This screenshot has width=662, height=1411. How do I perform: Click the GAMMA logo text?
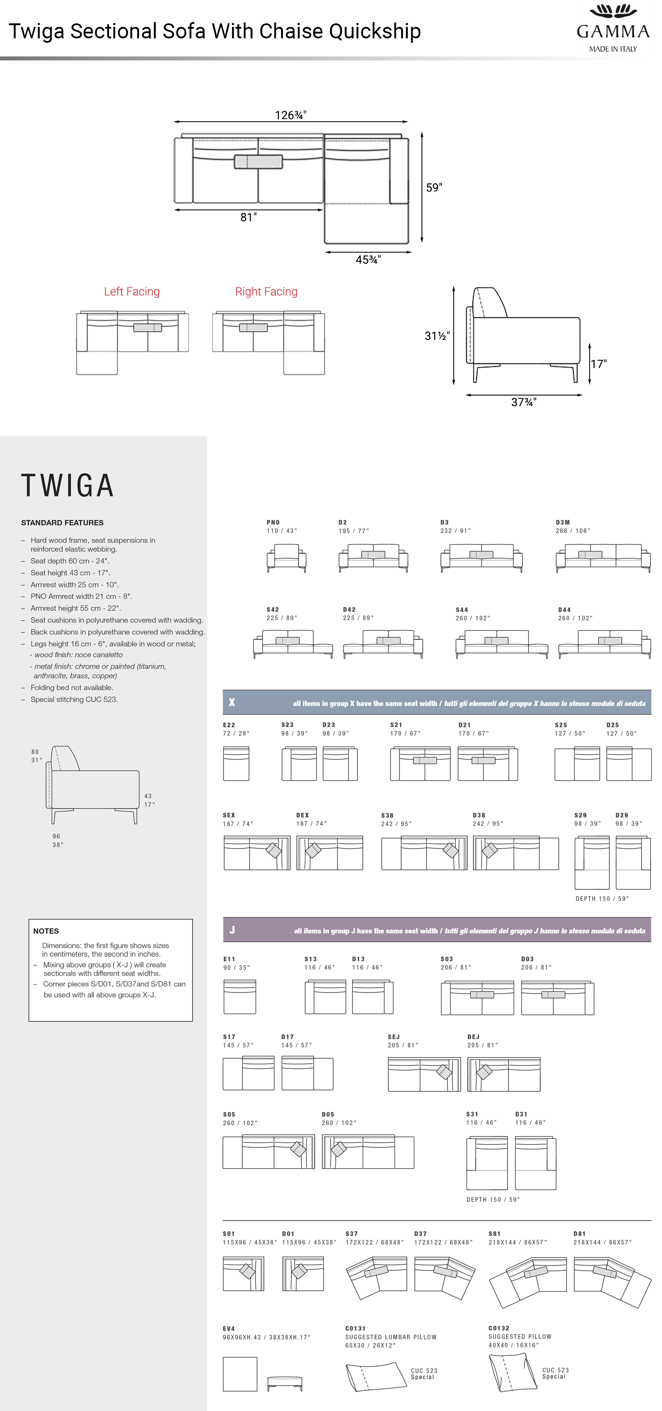point(613,31)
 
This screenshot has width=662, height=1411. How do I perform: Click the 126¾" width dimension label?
point(290,115)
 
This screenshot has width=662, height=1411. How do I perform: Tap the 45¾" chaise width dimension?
point(368,260)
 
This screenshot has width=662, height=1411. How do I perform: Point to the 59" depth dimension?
point(434,187)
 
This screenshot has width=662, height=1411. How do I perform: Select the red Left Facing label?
point(132,291)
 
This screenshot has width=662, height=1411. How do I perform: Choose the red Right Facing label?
point(266,291)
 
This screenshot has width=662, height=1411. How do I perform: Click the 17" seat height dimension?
point(599,364)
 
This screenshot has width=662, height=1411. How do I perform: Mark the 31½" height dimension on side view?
point(437,336)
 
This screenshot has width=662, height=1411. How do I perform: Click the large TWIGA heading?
point(68,485)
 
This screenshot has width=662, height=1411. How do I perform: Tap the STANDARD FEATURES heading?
point(62,523)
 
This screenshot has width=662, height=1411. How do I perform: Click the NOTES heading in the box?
point(46,931)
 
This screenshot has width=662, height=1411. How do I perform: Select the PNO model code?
point(273,523)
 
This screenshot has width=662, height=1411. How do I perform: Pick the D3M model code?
point(563,523)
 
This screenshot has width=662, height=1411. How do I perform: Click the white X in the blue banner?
point(232,702)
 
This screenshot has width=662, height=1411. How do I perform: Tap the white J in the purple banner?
point(232,929)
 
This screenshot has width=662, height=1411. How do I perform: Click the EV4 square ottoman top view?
point(240,1374)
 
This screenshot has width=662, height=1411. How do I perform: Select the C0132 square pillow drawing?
point(512,1373)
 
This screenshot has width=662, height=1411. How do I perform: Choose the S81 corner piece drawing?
point(528,1282)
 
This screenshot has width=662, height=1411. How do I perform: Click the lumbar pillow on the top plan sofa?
point(258,161)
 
